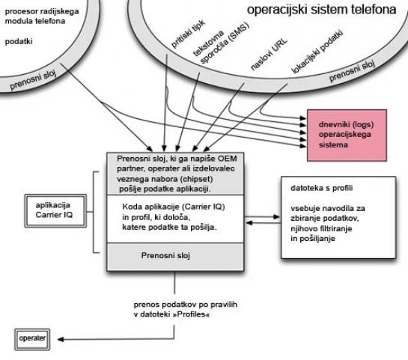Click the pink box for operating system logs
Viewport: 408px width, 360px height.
pos(347,135)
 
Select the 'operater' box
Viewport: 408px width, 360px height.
pos(32,339)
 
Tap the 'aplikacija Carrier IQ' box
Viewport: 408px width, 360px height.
pos(55,211)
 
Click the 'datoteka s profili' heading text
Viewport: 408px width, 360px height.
pos(322,188)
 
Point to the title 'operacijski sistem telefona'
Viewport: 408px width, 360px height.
pos(321,10)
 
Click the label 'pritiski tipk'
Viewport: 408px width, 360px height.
pos(188,34)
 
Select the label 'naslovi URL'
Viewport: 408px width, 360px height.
pos(269,55)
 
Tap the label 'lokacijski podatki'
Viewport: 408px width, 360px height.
pos(317,52)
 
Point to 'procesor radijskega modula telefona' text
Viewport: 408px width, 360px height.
pos(42,16)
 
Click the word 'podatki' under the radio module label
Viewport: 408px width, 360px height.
pos(19,42)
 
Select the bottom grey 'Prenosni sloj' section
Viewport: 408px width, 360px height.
pos(175,257)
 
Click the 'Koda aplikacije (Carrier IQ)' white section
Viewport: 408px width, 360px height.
pos(175,219)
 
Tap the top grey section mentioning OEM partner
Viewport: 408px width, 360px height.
pos(175,174)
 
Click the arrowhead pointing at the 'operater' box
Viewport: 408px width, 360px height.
pos(61,339)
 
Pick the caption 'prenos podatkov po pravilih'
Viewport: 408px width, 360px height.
pos(185,305)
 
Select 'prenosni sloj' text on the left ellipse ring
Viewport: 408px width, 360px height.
pos(33,80)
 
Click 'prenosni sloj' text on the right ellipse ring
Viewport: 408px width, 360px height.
pos(352,70)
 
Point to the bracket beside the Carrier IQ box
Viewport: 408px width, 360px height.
pos(93,212)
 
